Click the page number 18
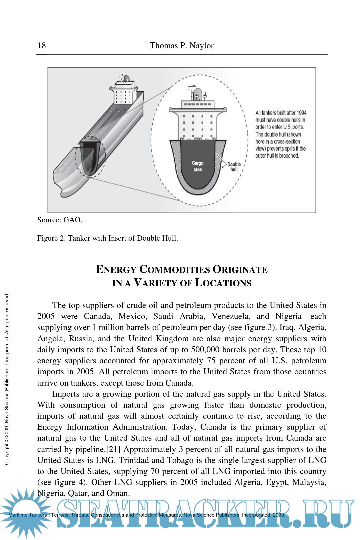pos(42,46)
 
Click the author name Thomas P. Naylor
pos(182,46)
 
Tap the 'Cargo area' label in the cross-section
pos(198,166)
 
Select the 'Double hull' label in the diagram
pos(234,167)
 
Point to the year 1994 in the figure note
pos(301,113)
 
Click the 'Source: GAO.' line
pos(60,220)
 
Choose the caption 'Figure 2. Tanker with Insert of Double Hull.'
pos(107,238)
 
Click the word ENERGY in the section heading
pos(116,269)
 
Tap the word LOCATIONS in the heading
pos(223,283)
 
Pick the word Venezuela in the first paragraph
pos(230,316)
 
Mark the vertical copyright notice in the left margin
pos(7,378)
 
